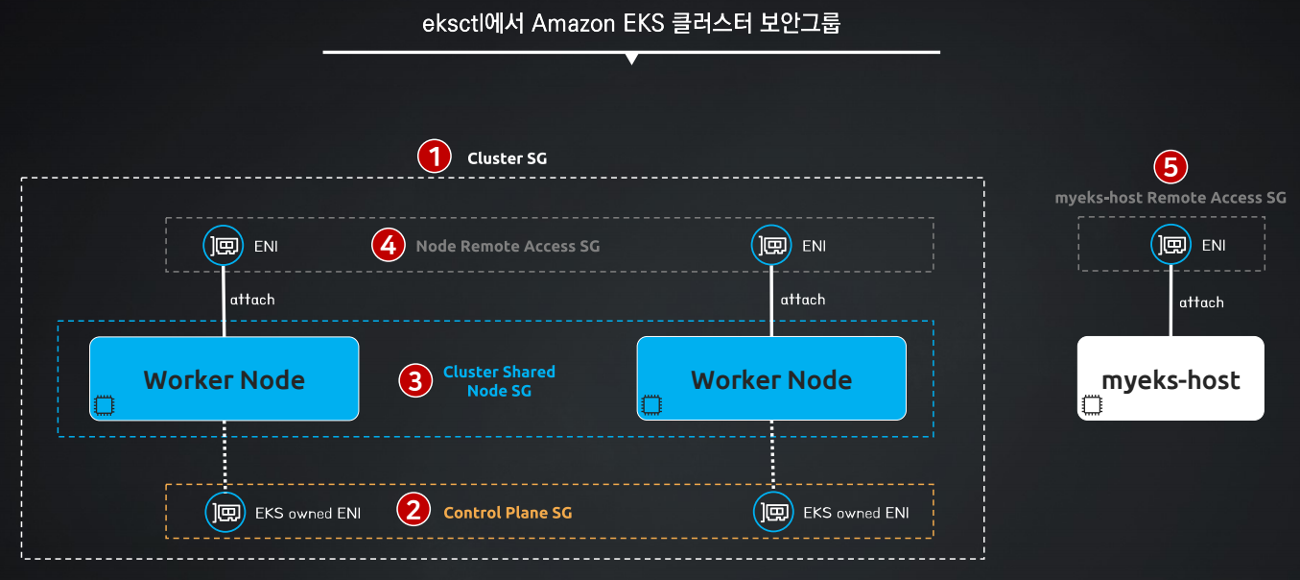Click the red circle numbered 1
click(434, 157)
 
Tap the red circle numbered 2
click(414, 510)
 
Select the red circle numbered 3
click(415, 380)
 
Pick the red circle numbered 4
click(389, 245)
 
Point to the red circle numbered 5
click(1170, 167)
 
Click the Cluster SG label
click(508, 158)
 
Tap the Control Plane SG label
click(508, 513)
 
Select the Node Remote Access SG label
click(508, 246)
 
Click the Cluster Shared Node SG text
click(499, 381)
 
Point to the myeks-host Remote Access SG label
click(1170, 198)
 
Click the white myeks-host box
click(1170, 377)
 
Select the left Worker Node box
click(224, 378)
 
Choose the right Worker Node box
click(771, 378)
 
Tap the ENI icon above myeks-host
click(1170, 245)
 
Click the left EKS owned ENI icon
click(225, 512)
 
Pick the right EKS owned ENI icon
click(773, 512)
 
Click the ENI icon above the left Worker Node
click(223, 245)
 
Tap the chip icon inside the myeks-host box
click(1092, 404)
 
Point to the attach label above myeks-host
click(1201, 302)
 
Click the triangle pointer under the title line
click(632, 59)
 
